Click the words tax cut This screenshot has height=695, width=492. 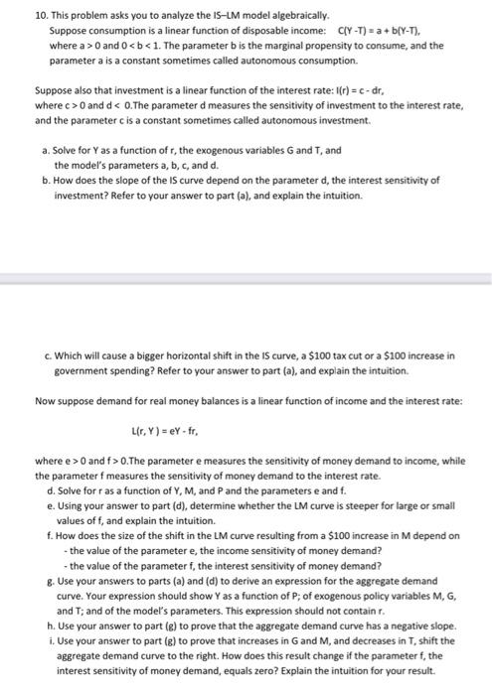[x=340, y=354]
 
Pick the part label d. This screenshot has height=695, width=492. [x=51, y=490]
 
